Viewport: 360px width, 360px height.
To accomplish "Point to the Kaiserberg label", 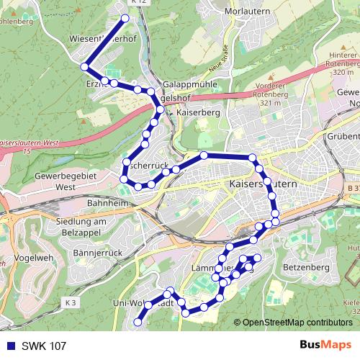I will coord(197,113).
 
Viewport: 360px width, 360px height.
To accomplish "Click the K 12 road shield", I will coord(141,3).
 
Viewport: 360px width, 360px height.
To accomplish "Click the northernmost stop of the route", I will coord(125,18).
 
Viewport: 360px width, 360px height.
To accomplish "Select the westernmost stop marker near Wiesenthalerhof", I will coord(84,66).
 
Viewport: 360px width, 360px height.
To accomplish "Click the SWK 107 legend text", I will coord(45,345).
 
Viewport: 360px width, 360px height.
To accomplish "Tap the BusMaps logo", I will coord(325,345).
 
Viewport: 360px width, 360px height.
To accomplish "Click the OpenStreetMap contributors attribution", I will coord(297,322).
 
